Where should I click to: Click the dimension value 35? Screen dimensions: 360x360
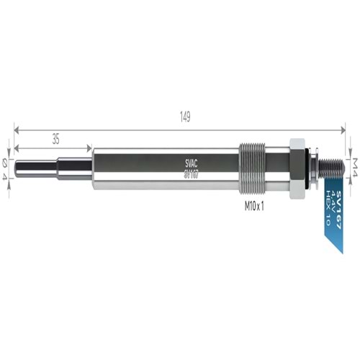click(55, 138)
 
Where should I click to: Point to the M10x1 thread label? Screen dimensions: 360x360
click(255, 205)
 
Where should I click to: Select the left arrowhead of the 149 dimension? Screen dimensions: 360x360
click(17, 130)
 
